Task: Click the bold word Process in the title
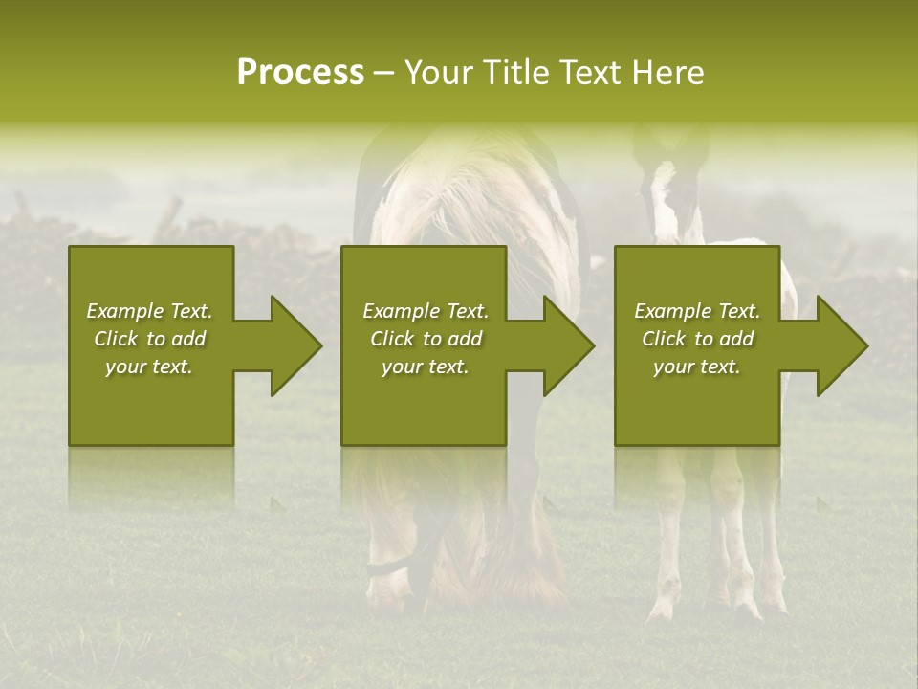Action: (300, 73)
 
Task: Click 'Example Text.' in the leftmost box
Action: (149, 311)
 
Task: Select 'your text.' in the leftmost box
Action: (149, 367)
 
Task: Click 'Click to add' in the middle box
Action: (426, 339)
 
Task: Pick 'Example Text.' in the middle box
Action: (426, 311)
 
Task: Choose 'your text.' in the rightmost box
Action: (697, 367)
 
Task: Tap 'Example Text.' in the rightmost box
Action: (697, 311)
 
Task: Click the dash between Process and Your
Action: (384, 73)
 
